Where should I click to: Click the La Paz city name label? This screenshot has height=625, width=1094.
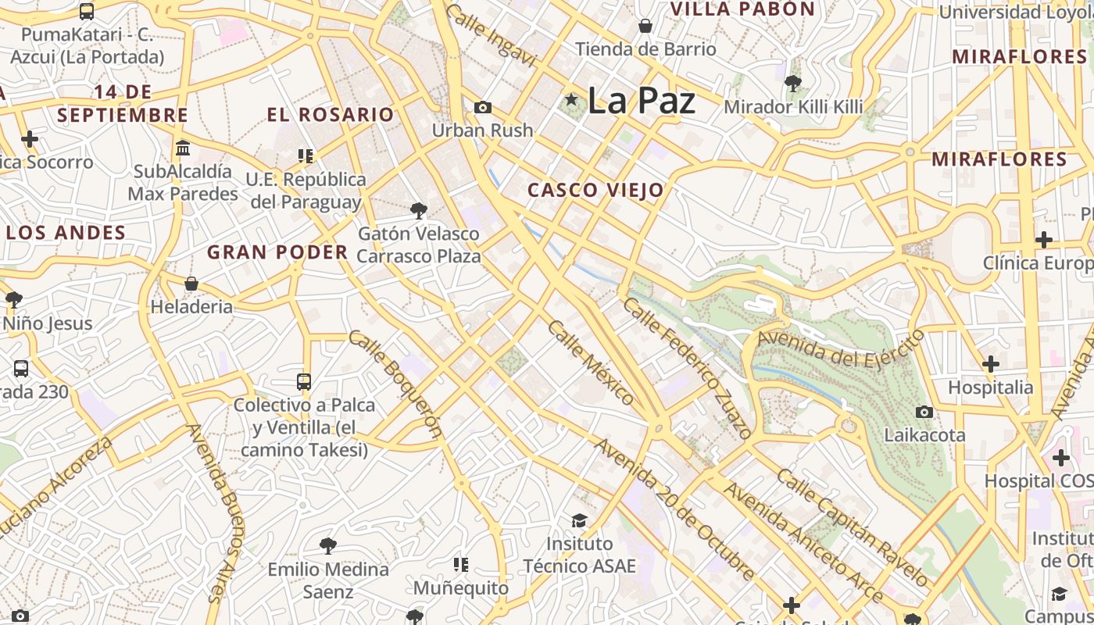click(x=641, y=101)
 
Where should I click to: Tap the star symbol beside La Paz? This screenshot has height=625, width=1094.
click(x=572, y=100)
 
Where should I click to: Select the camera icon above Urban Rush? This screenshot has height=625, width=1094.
click(x=483, y=107)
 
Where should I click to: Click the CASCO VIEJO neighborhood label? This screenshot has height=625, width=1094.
click(x=595, y=190)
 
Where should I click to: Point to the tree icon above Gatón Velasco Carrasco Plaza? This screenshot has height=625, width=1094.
click(x=419, y=209)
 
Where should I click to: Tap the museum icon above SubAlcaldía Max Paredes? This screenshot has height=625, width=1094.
click(x=183, y=148)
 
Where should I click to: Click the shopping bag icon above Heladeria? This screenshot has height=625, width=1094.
click(x=191, y=283)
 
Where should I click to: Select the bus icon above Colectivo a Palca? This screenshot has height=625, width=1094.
click(x=304, y=381)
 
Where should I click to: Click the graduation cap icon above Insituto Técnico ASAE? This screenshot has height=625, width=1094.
click(x=579, y=520)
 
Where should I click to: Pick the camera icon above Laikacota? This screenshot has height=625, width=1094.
click(x=924, y=411)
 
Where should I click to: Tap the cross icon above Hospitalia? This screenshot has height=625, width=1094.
click(x=991, y=363)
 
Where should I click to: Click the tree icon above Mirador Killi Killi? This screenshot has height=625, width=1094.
click(x=793, y=83)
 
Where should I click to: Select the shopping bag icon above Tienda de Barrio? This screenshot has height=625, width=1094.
click(x=645, y=26)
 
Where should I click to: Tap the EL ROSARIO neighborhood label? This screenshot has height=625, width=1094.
click(x=330, y=115)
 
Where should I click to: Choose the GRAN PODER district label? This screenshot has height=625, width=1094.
click(x=277, y=252)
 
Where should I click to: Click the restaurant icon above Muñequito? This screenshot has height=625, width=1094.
click(x=461, y=563)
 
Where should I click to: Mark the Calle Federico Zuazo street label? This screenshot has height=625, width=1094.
click(x=688, y=366)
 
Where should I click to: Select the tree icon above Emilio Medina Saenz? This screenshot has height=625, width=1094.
click(x=328, y=545)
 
